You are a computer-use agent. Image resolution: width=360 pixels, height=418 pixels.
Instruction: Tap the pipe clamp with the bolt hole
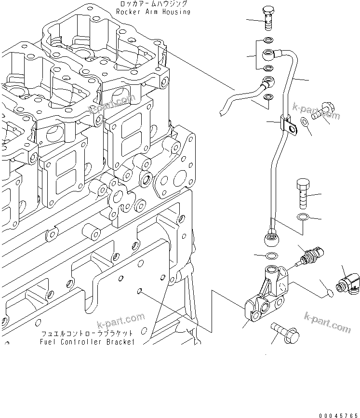tap(289, 123)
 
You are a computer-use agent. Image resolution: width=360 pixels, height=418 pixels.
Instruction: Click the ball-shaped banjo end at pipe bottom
tap(271, 238)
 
